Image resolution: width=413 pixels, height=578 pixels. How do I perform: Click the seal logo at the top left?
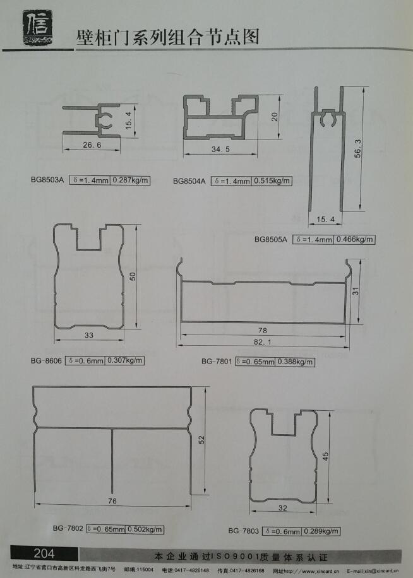38,28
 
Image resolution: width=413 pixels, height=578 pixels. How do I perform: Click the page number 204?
44,553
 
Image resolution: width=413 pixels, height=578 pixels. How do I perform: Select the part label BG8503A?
47,180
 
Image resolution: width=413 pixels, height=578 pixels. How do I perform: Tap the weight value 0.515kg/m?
272,181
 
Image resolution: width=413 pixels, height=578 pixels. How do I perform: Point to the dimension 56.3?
357,148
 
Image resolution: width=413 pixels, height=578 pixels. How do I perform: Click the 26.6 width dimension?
92,145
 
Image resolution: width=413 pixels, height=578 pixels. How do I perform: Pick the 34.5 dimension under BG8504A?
221,150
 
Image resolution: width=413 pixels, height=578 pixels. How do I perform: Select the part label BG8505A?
271,239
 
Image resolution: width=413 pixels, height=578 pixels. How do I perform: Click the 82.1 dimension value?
263,342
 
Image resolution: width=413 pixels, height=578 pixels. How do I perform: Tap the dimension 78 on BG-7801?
263,330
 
